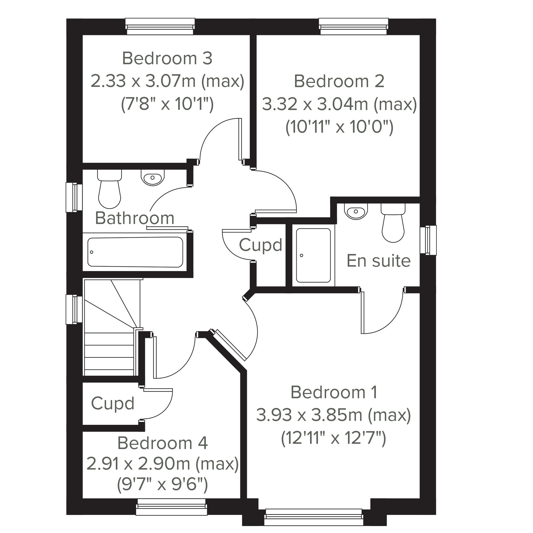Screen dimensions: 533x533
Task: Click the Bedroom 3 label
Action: (167, 58)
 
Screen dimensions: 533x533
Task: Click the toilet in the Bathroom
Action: (109, 189)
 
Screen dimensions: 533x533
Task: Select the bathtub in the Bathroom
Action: (135, 252)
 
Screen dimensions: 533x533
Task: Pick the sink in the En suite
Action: (356, 211)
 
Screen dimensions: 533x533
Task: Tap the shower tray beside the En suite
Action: (313, 256)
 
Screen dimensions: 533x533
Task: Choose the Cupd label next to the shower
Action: (261, 245)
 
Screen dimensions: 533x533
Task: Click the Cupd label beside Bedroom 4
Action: (113, 404)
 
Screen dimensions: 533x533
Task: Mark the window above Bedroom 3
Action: (160, 27)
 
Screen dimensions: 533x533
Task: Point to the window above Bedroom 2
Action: (354, 27)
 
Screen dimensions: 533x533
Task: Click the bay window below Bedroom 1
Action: (314, 517)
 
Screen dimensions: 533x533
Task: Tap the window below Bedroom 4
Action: (172, 507)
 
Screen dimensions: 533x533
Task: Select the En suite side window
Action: (428, 240)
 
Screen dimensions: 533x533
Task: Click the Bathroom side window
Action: (74, 197)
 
